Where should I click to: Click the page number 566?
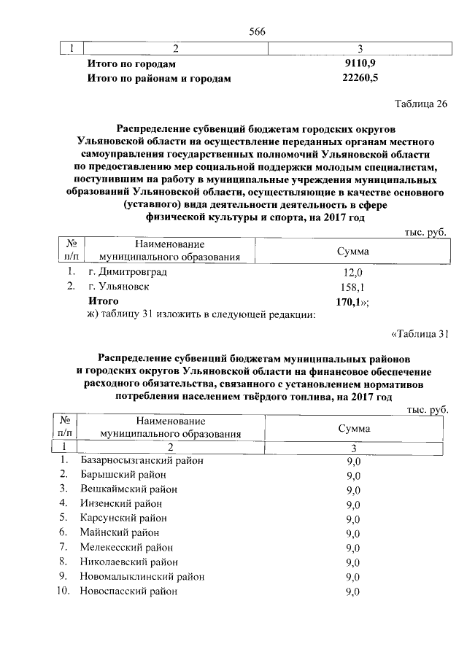tap(257, 31)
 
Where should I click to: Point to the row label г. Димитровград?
tap(127, 272)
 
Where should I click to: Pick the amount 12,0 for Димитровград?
tap(353, 273)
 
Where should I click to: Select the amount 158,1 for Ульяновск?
tap(353, 287)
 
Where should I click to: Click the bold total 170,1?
tap(352, 301)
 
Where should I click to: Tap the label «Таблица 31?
tap(418, 335)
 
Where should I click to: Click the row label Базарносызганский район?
tap(142, 461)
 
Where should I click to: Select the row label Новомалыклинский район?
tap(142, 577)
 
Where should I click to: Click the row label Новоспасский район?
tap(128, 591)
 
